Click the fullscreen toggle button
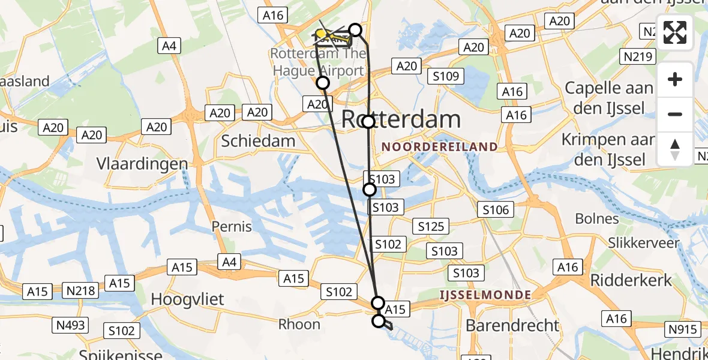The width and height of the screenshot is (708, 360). tap(675, 33)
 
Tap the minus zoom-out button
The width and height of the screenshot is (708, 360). tap(675, 114)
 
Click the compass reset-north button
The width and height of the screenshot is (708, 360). tap(675, 149)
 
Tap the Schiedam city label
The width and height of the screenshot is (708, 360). tap(258, 141)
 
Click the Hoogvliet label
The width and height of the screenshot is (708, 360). tap(188, 299)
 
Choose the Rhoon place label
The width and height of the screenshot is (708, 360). tap(299, 325)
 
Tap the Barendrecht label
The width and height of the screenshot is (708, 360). tap(512, 326)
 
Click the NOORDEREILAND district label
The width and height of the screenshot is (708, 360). tap(439, 147)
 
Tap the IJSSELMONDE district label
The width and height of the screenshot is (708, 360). tap(485, 295)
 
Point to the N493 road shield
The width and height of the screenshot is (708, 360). tap(71, 325)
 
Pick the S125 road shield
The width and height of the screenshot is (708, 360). tap(431, 226)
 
